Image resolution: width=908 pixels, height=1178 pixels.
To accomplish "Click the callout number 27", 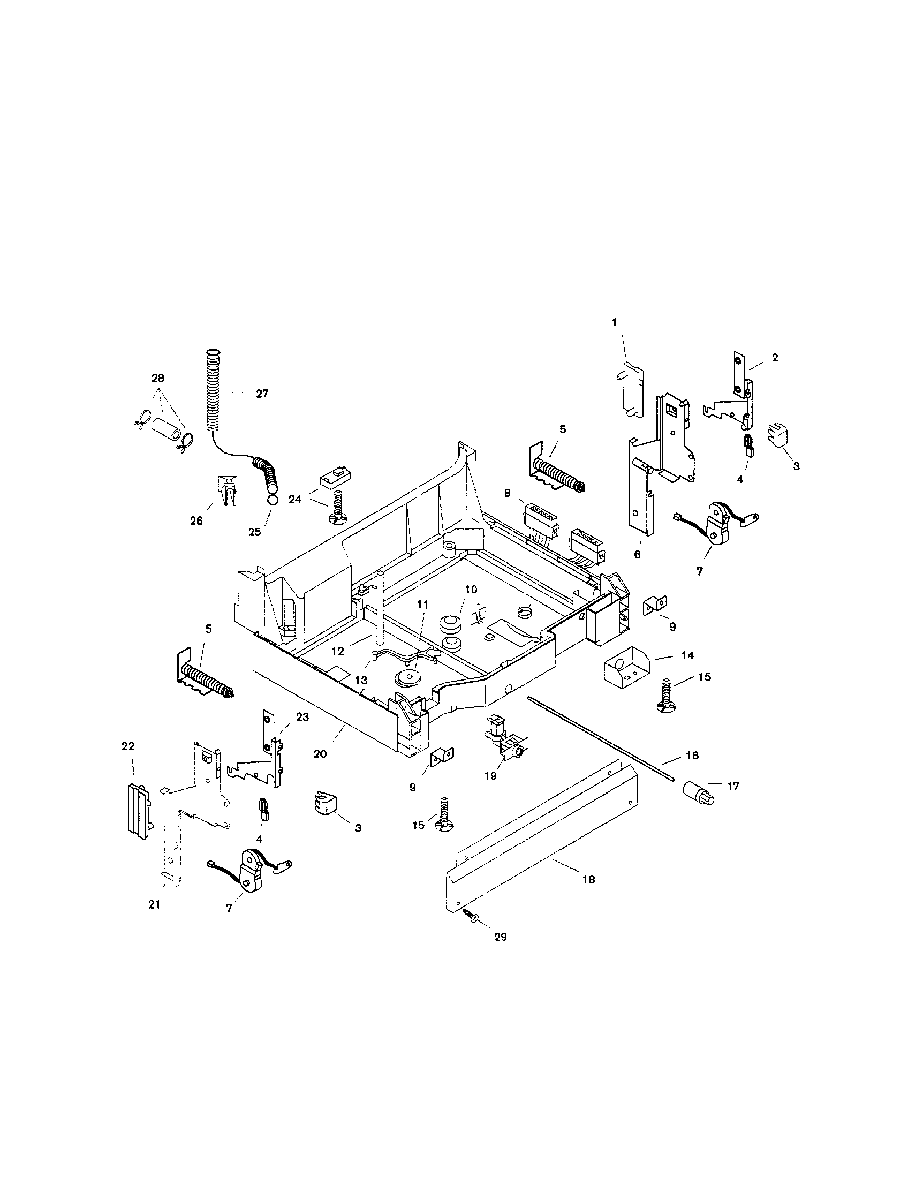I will (x=262, y=394).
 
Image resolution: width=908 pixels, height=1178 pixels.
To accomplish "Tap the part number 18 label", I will (x=589, y=880).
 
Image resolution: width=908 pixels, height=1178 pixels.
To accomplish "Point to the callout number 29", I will (x=501, y=937).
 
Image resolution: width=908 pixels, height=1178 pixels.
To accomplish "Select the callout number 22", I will (x=128, y=746).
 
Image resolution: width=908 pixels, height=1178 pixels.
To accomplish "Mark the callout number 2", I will (x=775, y=357).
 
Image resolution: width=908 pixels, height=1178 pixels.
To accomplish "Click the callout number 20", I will (x=320, y=754).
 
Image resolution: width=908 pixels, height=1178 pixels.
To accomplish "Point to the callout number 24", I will (x=294, y=500).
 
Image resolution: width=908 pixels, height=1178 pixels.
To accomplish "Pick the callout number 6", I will (x=637, y=555).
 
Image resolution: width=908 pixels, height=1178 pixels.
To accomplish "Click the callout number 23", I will (x=302, y=717).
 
